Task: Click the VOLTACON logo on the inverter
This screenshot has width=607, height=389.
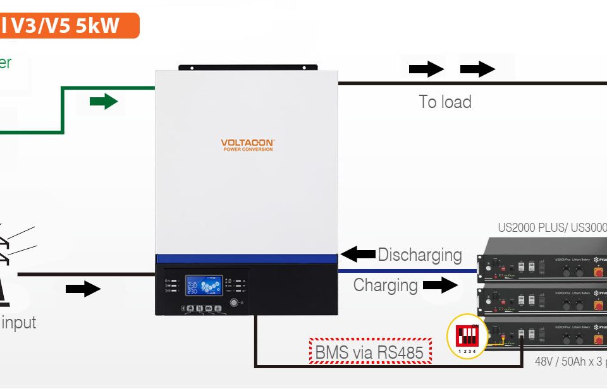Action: (x=247, y=145)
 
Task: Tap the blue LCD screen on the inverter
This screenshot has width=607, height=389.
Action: (x=204, y=285)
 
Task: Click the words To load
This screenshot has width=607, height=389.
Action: (x=445, y=102)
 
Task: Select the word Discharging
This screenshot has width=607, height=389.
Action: (x=420, y=255)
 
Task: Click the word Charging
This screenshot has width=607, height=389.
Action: (x=385, y=285)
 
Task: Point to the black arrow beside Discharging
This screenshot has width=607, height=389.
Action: (x=359, y=255)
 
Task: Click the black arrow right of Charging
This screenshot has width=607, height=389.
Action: (x=440, y=285)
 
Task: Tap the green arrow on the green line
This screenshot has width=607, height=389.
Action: (x=104, y=101)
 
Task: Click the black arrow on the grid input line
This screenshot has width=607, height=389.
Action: (x=83, y=289)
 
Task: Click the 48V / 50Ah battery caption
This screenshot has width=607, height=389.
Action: (x=566, y=363)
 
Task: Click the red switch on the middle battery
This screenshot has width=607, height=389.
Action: (x=598, y=304)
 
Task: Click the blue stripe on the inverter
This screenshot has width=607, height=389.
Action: (x=247, y=258)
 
